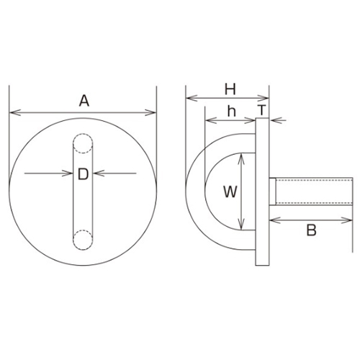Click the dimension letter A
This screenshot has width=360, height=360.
(84, 101)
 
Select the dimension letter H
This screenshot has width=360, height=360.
(230, 89)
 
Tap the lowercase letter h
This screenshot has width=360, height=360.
(230, 112)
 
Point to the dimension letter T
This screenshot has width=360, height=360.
(263, 112)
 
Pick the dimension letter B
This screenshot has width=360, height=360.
(312, 231)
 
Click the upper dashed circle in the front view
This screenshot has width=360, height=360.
(83, 146)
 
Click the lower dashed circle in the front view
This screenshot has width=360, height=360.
(83, 240)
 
